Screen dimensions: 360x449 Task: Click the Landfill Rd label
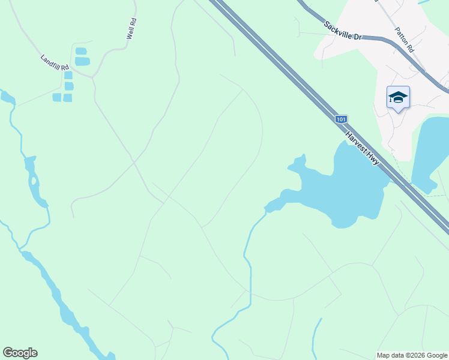click(x=55, y=61)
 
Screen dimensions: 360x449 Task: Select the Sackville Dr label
click(x=343, y=31)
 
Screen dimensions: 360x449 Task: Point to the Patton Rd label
click(x=404, y=40)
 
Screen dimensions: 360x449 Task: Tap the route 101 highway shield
click(x=341, y=119)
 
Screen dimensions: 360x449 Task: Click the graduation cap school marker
click(x=398, y=98)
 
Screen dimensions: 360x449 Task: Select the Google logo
click(x=20, y=353)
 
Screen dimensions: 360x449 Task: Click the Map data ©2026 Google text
click(x=412, y=355)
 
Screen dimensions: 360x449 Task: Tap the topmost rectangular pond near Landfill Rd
click(x=81, y=51)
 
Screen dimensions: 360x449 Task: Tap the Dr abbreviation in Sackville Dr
click(x=358, y=37)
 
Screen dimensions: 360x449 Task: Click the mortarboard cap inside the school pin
click(x=398, y=96)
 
